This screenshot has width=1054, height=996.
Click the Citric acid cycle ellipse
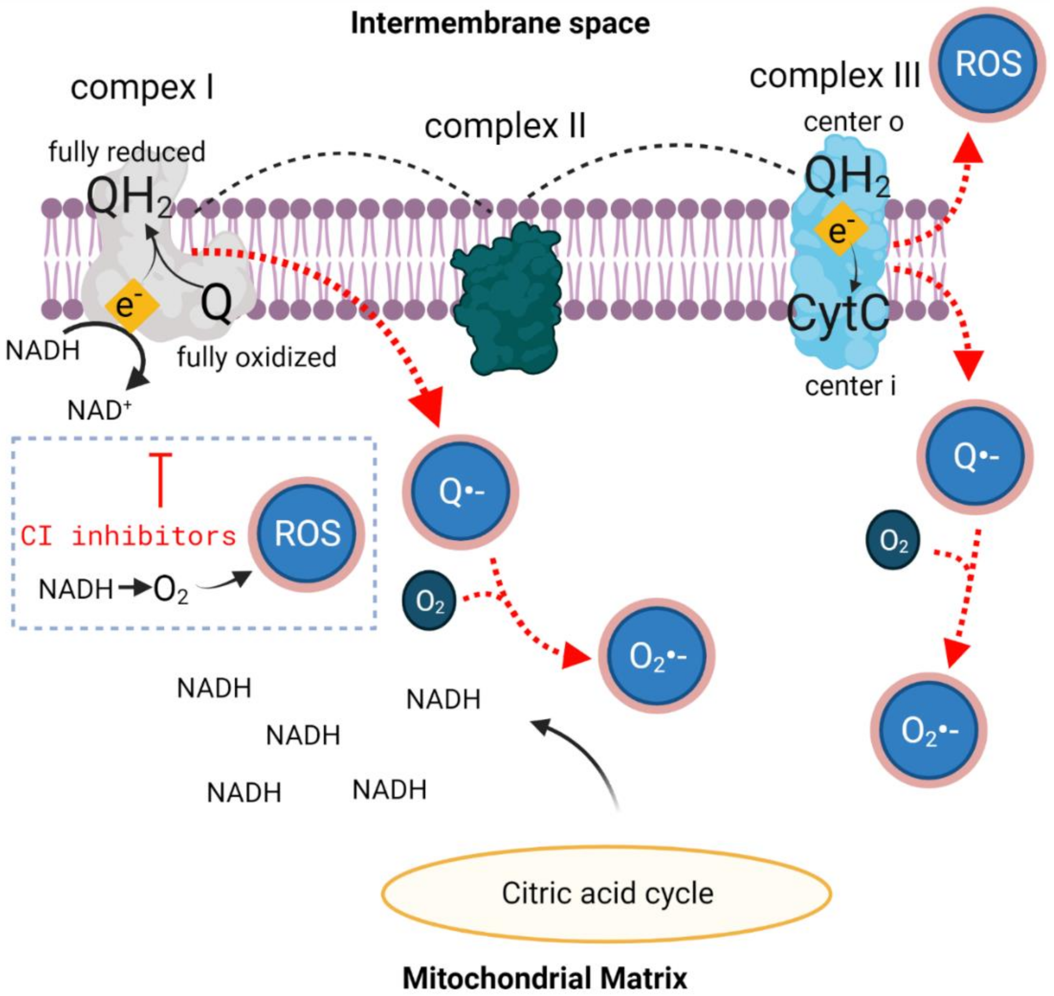[x=607, y=893]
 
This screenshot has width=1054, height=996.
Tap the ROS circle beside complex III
[x=988, y=65]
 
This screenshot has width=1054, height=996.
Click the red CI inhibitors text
[x=128, y=536]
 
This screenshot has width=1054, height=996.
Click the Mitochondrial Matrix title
[x=545, y=978]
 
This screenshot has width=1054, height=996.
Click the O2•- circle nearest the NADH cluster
[x=657, y=656]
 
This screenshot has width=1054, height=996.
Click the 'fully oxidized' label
[x=257, y=357]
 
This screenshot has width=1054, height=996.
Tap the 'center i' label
[x=850, y=386]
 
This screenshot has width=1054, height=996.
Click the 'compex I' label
[x=142, y=88]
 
